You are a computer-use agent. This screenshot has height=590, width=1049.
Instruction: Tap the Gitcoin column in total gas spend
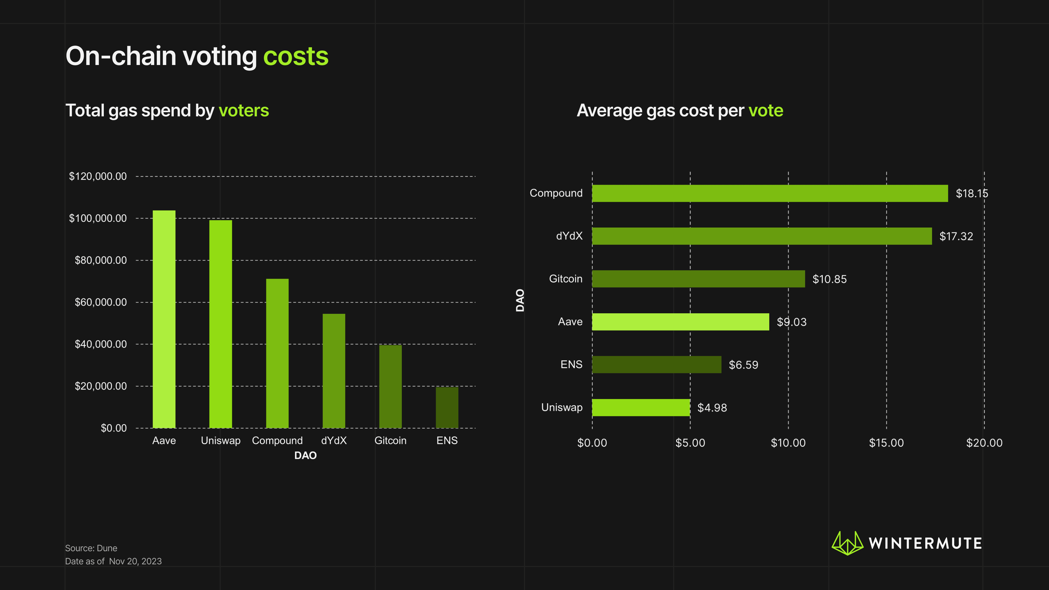point(390,387)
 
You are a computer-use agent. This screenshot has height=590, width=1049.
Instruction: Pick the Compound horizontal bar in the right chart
point(770,193)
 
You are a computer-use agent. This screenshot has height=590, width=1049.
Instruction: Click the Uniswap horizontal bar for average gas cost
point(641,407)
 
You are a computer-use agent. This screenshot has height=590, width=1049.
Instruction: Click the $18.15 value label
point(972,193)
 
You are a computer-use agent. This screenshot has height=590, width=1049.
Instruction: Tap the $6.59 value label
point(743,365)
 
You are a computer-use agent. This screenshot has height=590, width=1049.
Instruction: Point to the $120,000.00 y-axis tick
point(98,176)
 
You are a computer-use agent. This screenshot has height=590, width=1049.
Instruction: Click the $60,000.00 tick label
point(101,302)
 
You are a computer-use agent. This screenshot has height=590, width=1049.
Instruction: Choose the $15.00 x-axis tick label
point(886,442)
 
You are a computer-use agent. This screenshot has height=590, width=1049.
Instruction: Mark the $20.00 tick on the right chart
point(984,442)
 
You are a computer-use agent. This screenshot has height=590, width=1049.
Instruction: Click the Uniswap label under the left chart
point(220,441)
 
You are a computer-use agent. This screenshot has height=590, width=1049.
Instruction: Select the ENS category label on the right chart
point(571,364)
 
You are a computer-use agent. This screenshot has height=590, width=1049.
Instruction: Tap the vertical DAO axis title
point(520,300)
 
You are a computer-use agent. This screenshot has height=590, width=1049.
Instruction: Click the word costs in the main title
point(296,56)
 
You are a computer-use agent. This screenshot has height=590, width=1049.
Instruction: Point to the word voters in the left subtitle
point(243,111)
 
